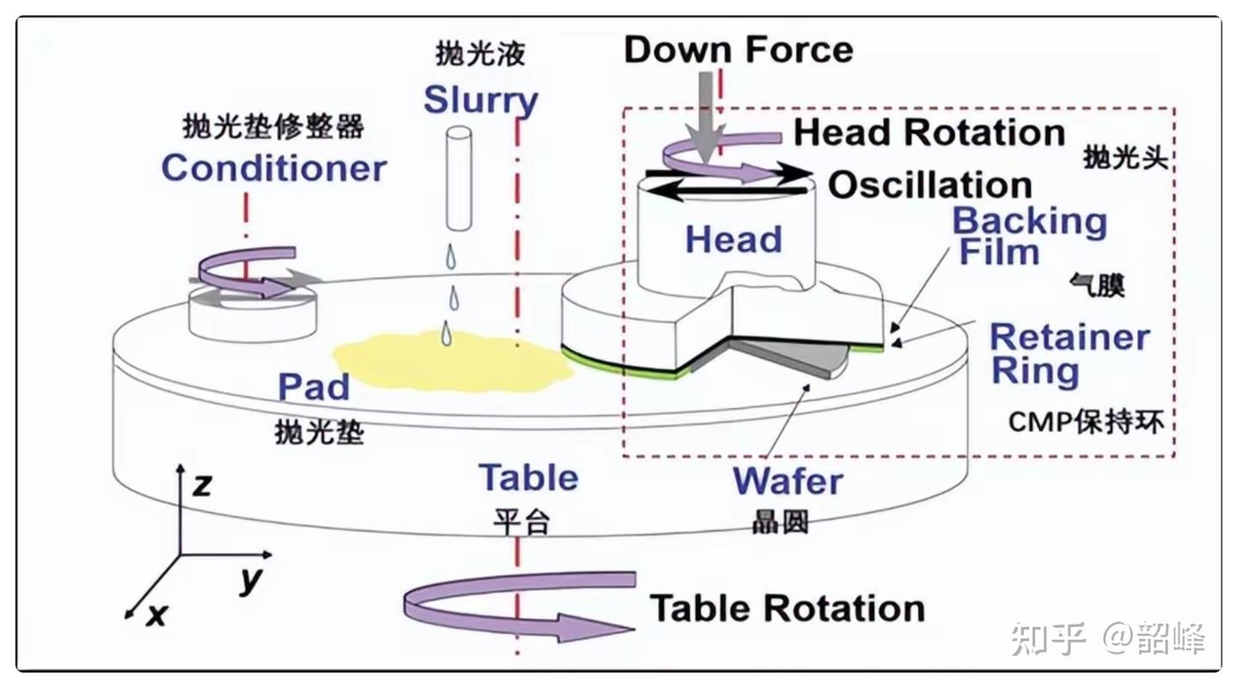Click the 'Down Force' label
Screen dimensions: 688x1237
(x=738, y=50)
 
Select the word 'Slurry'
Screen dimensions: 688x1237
(x=480, y=101)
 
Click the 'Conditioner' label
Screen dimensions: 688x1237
(x=274, y=167)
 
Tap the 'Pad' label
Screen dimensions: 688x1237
(x=313, y=387)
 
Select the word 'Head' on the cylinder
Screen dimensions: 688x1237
(x=733, y=240)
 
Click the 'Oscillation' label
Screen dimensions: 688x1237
(x=929, y=186)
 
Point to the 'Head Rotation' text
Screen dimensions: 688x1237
(x=929, y=133)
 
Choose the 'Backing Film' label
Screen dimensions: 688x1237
(x=1028, y=236)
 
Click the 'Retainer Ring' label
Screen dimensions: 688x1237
(x=1069, y=354)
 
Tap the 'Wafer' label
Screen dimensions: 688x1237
(x=787, y=481)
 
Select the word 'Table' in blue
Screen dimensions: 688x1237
(x=527, y=478)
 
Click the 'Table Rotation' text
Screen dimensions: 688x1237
(x=786, y=608)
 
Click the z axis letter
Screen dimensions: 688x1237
(x=202, y=486)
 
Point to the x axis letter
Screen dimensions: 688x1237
(x=155, y=614)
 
